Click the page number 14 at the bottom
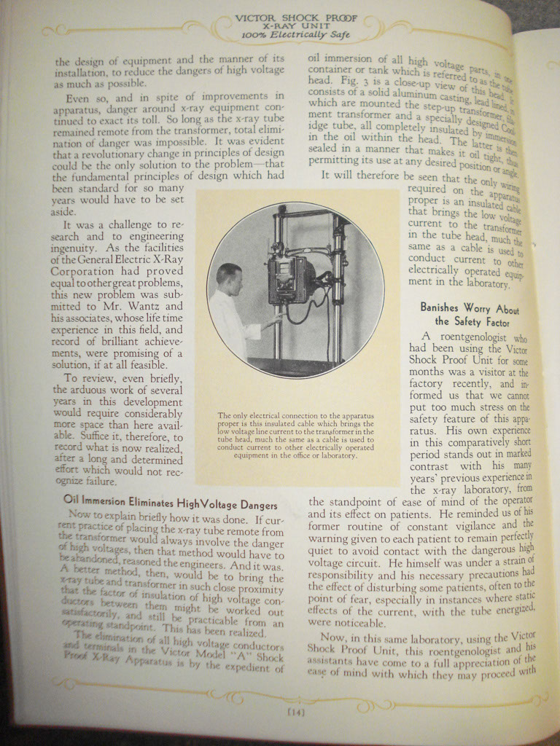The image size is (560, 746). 296,712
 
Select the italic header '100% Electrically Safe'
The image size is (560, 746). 295,34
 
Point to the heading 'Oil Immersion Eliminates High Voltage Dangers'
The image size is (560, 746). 170,504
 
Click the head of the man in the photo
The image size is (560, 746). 230,278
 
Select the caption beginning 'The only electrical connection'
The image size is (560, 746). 296,436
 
